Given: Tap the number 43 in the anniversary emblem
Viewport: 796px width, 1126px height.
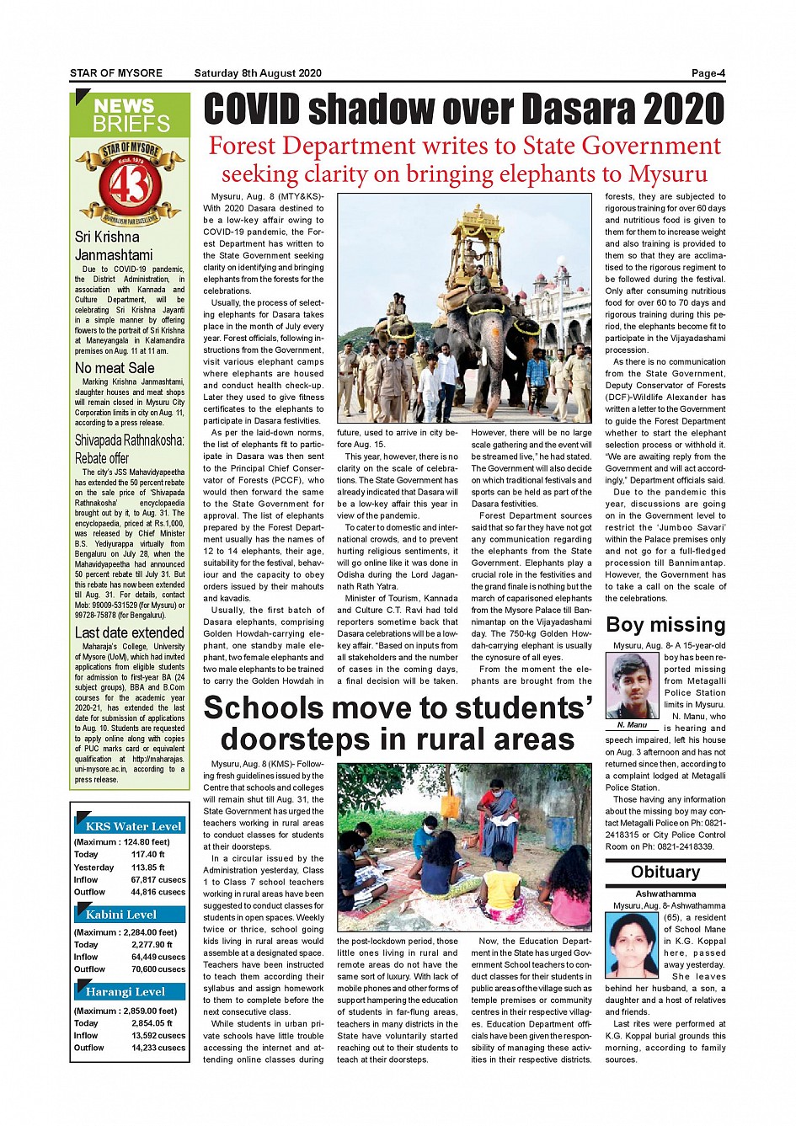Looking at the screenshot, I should click(131, 185).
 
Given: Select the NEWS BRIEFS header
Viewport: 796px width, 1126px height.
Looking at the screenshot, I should click(131, 115).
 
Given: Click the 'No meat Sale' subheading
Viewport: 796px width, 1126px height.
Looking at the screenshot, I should click(115, 368).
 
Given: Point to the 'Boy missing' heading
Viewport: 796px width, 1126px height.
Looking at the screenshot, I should click(665, 625).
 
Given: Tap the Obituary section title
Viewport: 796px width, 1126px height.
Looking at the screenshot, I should click(665, 872).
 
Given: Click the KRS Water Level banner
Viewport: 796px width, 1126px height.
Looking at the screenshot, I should click(133, 826).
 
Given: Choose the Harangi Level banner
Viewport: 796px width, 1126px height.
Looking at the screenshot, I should click(126, 992).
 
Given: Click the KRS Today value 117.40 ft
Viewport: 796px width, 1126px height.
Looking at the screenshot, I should click(148, 854).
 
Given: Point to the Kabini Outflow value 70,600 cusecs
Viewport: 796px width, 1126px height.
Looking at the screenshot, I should click(158, 969).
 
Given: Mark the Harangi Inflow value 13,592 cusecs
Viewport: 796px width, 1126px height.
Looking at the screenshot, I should click(158, 1036).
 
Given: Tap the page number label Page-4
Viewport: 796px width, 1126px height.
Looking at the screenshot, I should click(708, 73).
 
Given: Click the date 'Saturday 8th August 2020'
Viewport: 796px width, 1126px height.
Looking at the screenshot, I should click(258, 73).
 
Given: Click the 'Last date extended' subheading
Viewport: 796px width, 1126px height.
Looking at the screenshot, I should click(129, 632).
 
